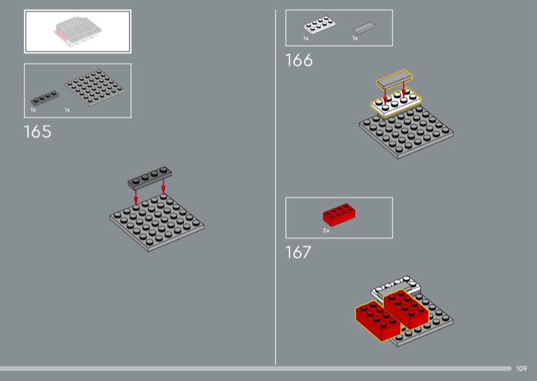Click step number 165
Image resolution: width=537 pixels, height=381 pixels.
[38, 131]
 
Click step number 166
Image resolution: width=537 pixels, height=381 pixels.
[299, 60]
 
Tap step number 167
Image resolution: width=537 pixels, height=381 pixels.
[298, 252]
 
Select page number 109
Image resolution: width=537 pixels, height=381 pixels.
[522, 368]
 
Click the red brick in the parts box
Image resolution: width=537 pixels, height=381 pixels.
[339, 215]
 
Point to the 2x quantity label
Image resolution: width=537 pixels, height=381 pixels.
[326, 231]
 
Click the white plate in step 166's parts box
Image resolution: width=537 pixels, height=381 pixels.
[320, 25]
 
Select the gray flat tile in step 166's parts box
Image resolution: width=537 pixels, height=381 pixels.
[364, 28]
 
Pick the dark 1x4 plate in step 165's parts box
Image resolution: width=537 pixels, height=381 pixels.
[44, 98]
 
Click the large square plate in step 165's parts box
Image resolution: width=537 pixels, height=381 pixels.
[94, 88]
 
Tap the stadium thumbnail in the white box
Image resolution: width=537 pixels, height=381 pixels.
[78, 32]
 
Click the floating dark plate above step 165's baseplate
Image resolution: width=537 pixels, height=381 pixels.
[150, 178]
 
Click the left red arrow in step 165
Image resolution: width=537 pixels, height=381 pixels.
[136, 197]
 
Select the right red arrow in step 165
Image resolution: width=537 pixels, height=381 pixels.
[163, 186]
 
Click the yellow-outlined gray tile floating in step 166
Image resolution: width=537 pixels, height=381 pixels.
[395, 80]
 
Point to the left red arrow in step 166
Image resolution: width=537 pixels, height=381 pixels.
[385, 97]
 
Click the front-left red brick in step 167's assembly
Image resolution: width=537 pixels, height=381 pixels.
[377, 321]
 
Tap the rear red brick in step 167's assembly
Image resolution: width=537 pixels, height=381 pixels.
[406, 309]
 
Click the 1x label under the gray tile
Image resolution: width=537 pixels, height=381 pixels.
[355, 38]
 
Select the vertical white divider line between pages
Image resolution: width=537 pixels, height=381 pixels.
[275, 187]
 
